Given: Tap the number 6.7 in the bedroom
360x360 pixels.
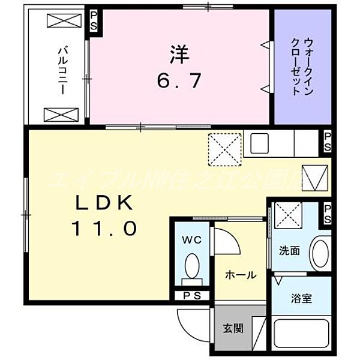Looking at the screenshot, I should (x=179, y=80).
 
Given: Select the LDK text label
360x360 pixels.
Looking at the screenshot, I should (x=103, y=204).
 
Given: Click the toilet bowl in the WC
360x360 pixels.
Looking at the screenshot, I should (x=192, y=265).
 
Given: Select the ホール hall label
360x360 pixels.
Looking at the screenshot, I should (x=241, y=275).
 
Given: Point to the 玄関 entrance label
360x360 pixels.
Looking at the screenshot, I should (x=233, y=328).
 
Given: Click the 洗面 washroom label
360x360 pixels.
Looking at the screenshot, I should (x=289, y=250).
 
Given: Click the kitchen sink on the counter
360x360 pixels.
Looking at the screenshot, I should (x=262, y=144).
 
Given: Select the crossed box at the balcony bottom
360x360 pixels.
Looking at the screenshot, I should (x=62, y=113).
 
